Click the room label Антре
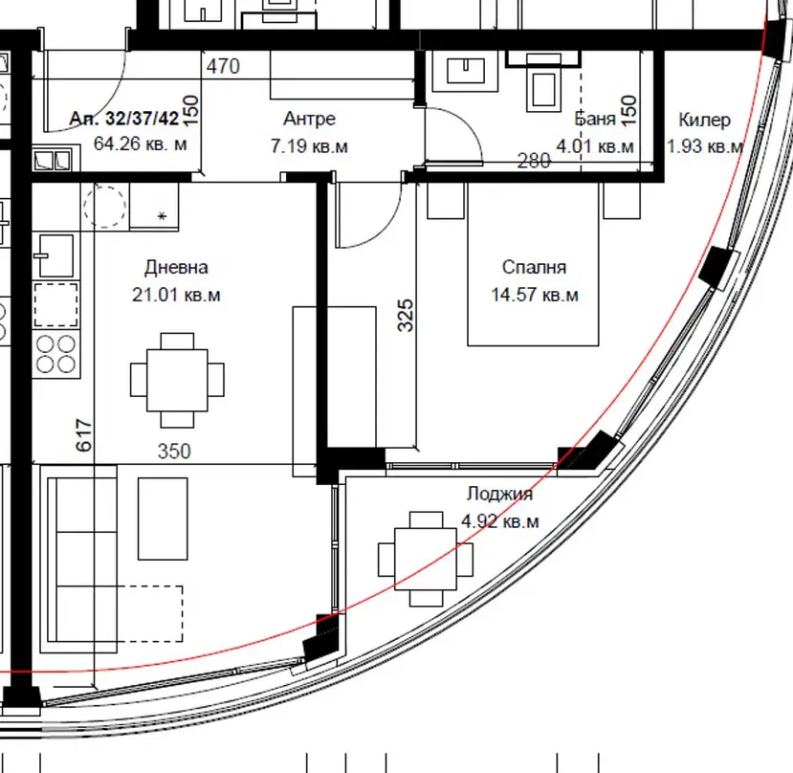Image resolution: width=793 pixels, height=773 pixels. pyautogui.click(x=309, y=119)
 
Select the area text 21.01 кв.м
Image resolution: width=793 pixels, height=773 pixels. pyautogui.click(x=176, y=295)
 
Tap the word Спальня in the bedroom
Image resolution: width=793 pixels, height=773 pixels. pyautogui.click(x=534, y=267)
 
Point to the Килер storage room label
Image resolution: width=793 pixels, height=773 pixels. pyautogui.click(x=704, y=121)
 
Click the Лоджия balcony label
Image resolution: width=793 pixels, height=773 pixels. pyautogui.click(x=499, y=494)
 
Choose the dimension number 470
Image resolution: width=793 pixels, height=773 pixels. pyautogui.click(x=223, y=66)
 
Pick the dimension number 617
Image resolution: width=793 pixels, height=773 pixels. pyautogui.click(x=84, y=435)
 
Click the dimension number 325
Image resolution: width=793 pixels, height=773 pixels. pyautogui.click(x=406, y=316)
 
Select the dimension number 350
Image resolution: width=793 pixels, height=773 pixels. pyautogui.click(x=174, y=452)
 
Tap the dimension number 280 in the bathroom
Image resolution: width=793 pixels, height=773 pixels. pyautogui.click(x=534, y=161)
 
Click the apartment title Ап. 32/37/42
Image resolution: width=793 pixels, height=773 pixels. pyautogui.click(x=124, y=119)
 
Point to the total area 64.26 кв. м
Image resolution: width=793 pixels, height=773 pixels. pyautogui.click(x=140, y=144)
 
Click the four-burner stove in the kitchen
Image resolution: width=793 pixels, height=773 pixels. pyautogui.click(x=55, y=354)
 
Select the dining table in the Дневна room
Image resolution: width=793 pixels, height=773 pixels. pyautogui.click(x=177, y=380)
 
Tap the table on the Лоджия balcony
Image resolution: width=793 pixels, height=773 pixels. pyautogui.click(x=426, y=559)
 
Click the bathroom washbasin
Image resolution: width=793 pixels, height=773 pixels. pyautogui.click(x=465, y=71)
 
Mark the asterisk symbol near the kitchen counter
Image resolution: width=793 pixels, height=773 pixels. pyautogui.click(x=162, y=217)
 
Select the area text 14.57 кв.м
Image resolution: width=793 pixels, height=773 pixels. pyautogui.click(x=535, y=295)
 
